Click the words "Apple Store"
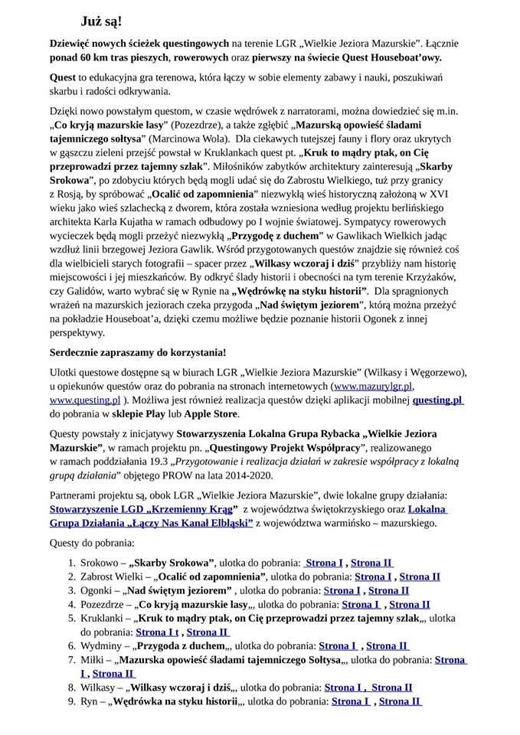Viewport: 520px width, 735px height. (x=212, y=413)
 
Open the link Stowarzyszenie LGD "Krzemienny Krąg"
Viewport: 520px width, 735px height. (x=143, y=509)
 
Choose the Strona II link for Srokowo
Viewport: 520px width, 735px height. (x=371, y=563)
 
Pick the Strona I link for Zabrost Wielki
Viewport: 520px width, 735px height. (x=373, y=577)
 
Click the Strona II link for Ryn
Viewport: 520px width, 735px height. (x=400, y=701)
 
